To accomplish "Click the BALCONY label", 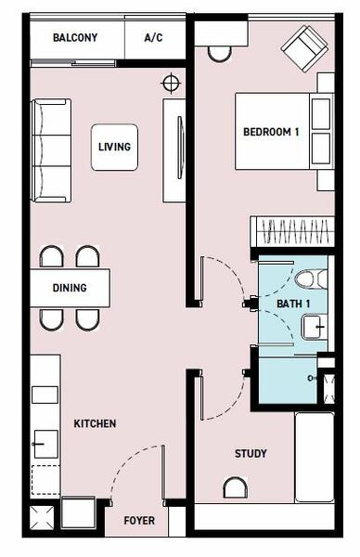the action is pos(75,38).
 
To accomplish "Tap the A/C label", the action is pos(154,38).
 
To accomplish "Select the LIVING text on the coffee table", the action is pos(114,147).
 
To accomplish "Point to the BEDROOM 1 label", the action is pos(271,132).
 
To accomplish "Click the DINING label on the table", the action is pos(70,288).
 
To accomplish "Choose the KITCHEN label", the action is pos(95,423).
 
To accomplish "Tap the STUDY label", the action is pos(251,453).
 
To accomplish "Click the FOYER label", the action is pos(139,521).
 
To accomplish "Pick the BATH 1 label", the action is pos(293,304).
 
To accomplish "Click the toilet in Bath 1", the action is pos(311,278).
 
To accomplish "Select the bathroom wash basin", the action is pos(315,327).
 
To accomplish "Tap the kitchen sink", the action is pos(45,444).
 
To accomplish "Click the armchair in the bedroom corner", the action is pos(304,48).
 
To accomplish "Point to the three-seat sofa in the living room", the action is pos(51,150).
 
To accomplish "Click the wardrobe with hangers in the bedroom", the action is pos(292,231).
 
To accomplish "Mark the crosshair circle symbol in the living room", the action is pos(171,84).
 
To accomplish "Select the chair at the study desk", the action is pos(235,487).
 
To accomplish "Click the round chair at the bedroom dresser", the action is pos(219,54).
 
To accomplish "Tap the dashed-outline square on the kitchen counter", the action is pos(45,480).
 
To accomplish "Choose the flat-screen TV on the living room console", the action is pos(180,148).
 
